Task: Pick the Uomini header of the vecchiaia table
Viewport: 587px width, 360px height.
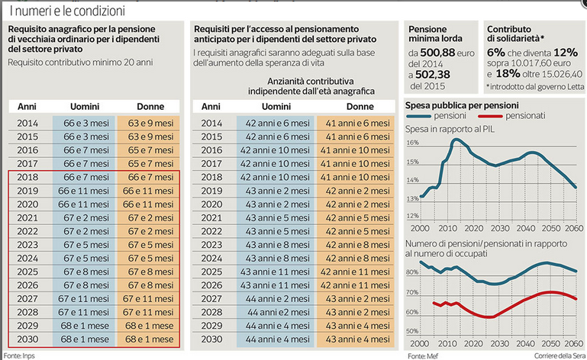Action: (x=83, y=105)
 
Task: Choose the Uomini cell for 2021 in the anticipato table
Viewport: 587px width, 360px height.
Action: (x=275, y=217)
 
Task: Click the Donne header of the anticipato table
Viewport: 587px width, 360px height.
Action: (x=357, y=105)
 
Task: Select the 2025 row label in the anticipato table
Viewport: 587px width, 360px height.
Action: (x=211, y=272)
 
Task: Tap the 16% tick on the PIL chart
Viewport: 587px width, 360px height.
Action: (x=411, y=143)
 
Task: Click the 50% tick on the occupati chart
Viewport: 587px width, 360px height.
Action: (x=412, y=331)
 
